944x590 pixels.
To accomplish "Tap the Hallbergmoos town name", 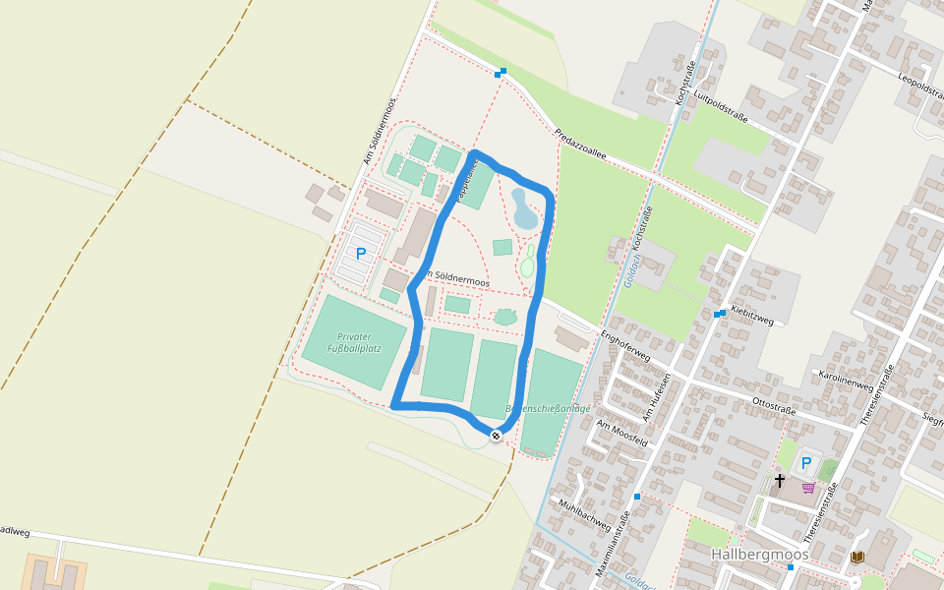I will click(x=759, y=555).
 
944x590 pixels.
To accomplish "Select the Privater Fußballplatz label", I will click(x=354, y=342).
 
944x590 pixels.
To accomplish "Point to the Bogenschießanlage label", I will click(x=548, y=408).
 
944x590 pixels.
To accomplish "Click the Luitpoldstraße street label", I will click(x=721, y=107).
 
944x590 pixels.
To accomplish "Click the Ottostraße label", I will click(x=773, y=405).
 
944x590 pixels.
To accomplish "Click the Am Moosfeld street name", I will click(x=621, y=433).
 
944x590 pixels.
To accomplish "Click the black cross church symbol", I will click(x=780, y=481).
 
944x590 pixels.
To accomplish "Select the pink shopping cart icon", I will click(x=808, y=487).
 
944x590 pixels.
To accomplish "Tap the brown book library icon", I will click(x=856, y=558).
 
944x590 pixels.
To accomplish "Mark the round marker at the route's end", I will click(x=497, y=435).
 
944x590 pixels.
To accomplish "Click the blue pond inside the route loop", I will click(x=523, y=208).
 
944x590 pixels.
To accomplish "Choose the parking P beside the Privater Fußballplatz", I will click(x=361, y=254).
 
